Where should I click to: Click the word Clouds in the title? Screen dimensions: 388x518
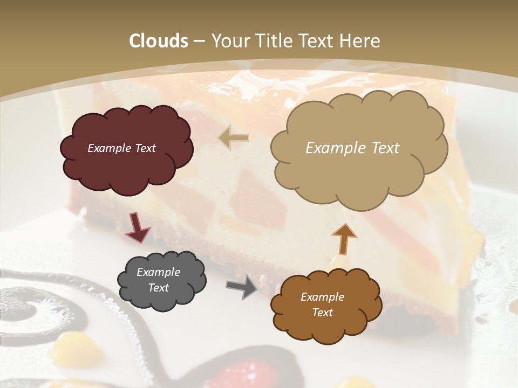158,41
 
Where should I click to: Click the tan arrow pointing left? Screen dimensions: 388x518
234,138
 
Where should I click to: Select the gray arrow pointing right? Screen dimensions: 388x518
241,286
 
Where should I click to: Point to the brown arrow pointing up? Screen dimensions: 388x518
344,238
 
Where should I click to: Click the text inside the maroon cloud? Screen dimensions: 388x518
121,148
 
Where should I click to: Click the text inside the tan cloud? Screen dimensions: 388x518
352,148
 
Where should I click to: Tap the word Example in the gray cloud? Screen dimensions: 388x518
158,272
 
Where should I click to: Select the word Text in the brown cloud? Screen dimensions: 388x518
322,313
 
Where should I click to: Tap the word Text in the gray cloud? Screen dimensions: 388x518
158,288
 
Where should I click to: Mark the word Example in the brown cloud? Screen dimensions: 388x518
322,297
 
